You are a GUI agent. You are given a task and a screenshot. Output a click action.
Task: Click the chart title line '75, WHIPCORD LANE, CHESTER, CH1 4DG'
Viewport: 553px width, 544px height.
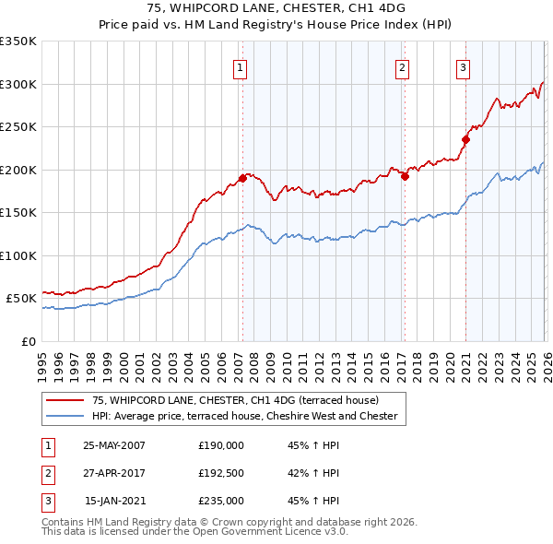pyautogui.click(x=276, y=8)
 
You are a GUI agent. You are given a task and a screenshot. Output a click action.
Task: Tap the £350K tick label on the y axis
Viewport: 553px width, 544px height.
pyautogui.click(x=18, y=41)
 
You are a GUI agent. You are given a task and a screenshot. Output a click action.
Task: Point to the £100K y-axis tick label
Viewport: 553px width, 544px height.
pyautogui.click(x=18, y=255)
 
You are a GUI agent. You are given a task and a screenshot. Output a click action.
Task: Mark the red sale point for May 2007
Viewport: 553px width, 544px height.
pyautogui.click(x=242, y=178)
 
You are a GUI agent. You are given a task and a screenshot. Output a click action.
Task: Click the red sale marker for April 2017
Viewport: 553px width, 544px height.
pyautogui.click(x=405, y=176)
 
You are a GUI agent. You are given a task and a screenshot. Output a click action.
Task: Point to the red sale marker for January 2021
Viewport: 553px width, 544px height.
pyautogui.click(x=465, y=140)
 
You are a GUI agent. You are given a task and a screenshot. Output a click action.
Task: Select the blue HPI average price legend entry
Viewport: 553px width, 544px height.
pyautogui.click(x=244, y=417)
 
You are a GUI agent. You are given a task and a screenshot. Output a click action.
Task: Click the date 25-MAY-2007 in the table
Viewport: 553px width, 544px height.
pyautogui.click(x=114, y=444)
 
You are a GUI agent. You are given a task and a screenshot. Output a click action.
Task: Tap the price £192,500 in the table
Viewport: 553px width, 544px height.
pyautogui.click(x=221, y=473)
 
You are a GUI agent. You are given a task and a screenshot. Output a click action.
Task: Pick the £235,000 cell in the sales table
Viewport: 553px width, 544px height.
pyautogui.click(x=221, y=502)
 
